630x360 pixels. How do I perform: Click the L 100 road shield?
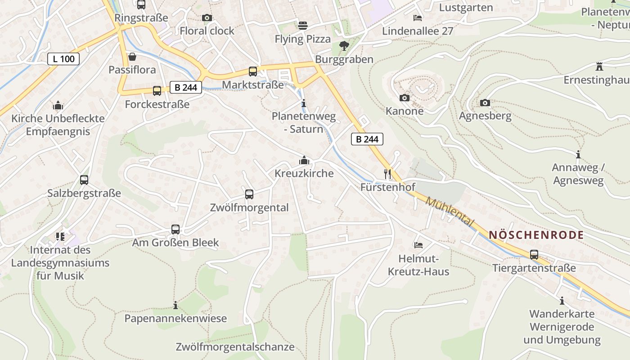click(x=63, y=58)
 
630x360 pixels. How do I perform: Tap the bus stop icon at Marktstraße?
click(x=253, y=71)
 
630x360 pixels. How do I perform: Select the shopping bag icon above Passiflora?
click(x=132, y=57)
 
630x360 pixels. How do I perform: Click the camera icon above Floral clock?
click(x=207, y=18)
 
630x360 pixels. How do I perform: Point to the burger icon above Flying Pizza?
click(x=303, y=26)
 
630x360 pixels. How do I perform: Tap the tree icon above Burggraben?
click(x=344, y=45)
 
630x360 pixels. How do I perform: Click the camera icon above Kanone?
click(x=405, y=98)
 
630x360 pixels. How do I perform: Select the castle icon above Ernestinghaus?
click(x=599, y=67)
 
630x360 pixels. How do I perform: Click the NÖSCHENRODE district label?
click(x=536, y=235)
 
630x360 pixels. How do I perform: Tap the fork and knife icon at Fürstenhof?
click(x=387, y=174)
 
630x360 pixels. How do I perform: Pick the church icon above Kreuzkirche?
click(x=304, y=160)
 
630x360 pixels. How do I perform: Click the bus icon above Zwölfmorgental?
click(x=249, y=194)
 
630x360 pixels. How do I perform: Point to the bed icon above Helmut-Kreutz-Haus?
click(x=418, y=245)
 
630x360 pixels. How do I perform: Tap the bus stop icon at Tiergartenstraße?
click(x=534, y=255)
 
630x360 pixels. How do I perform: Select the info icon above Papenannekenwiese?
click(x=175, y=306)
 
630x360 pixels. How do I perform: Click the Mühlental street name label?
click(x=450, y=212)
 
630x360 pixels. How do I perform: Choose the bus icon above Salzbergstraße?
click(x=84, y=180)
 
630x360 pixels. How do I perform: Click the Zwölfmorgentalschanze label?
click(x=235, y=347)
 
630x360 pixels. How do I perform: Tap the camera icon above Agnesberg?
click(x=485, y=103)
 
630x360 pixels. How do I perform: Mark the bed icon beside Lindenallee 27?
click(x=418, y=18)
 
